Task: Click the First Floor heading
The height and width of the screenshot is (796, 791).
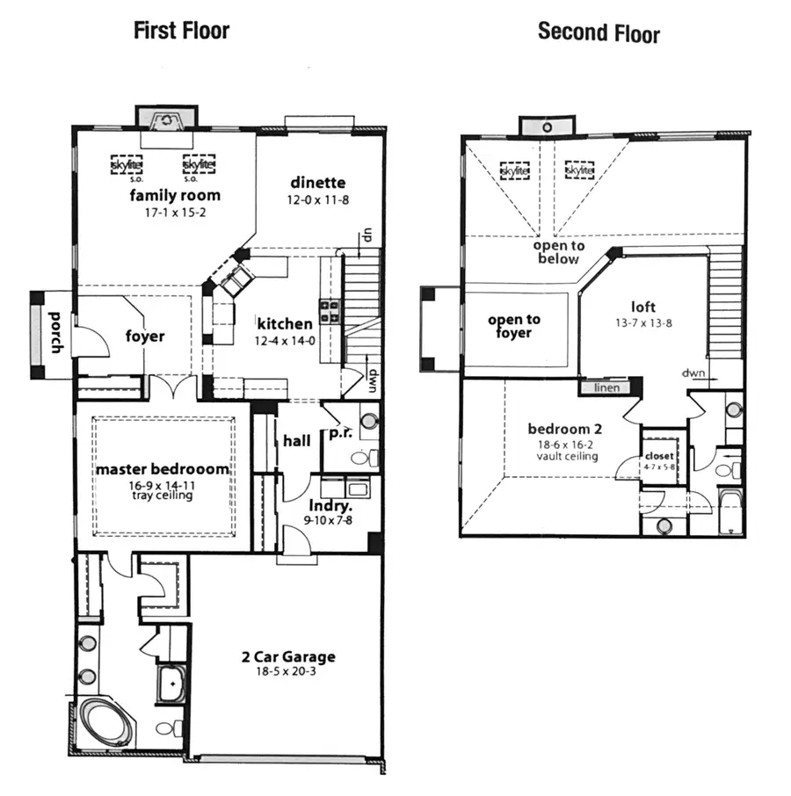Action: point(181,30)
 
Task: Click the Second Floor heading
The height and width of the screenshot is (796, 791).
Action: point(598,33)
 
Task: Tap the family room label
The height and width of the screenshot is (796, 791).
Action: point(175,194)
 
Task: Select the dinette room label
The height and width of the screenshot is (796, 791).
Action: point(317,183)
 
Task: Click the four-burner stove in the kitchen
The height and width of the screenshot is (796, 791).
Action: point(330,311)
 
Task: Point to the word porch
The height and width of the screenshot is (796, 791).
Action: point(55,331)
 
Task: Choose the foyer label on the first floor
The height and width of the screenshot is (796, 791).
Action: point(145,336)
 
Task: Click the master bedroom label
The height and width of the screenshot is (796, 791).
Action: point(163,469)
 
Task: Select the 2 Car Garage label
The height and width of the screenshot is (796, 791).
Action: point(288,656)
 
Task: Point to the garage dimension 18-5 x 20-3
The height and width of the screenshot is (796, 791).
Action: point(288,671)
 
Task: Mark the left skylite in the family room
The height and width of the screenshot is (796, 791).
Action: point(127,164)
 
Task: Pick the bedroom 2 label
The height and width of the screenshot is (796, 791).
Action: point(564,430)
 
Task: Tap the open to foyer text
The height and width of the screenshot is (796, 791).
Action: point(514,326)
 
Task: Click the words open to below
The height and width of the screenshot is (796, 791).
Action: point(558,252)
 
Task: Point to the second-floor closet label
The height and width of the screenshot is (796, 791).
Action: point(659,457)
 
